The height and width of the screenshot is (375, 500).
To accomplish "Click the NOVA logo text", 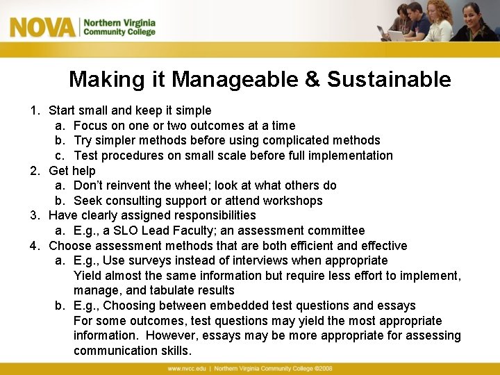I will coord(42,27).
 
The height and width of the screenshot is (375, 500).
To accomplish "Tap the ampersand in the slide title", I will coord(312,80).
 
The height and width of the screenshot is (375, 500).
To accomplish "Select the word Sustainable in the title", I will coord(389,80).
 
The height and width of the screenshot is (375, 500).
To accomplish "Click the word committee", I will coord(336,231).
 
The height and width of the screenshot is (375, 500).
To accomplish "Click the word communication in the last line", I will coord(117,351).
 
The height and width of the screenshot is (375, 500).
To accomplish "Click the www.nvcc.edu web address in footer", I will coord(187,369).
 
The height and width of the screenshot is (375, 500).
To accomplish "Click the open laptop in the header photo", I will coord(397,35).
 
